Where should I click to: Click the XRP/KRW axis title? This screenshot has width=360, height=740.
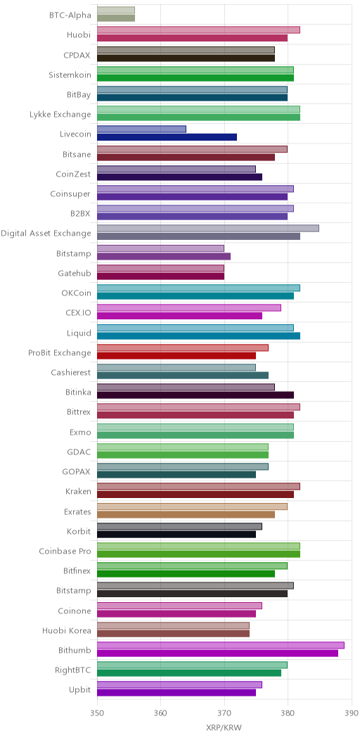coord(224,727)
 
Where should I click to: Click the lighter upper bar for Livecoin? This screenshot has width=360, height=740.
coord(141,129)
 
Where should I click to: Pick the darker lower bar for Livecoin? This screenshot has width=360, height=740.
coord(167,137)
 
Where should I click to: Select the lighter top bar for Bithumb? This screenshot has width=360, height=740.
coord(221,645)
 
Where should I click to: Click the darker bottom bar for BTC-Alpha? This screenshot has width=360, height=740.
coord(116,18)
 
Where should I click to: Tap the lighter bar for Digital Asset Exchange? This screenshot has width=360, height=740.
coord(208,229)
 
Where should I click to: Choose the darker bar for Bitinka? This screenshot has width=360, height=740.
coord(195,395)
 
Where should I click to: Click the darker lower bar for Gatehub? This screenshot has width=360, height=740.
coord(160,276)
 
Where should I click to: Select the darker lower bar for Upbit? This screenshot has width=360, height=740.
coord(176,693)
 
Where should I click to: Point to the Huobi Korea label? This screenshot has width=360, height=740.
coord(67,630)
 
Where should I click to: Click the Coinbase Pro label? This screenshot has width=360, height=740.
coord(65,550)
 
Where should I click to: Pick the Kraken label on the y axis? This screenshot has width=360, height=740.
coord(78,491)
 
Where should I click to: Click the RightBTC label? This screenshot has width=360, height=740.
coord(75,669)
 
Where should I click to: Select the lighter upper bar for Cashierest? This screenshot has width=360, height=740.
coord(176,367)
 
